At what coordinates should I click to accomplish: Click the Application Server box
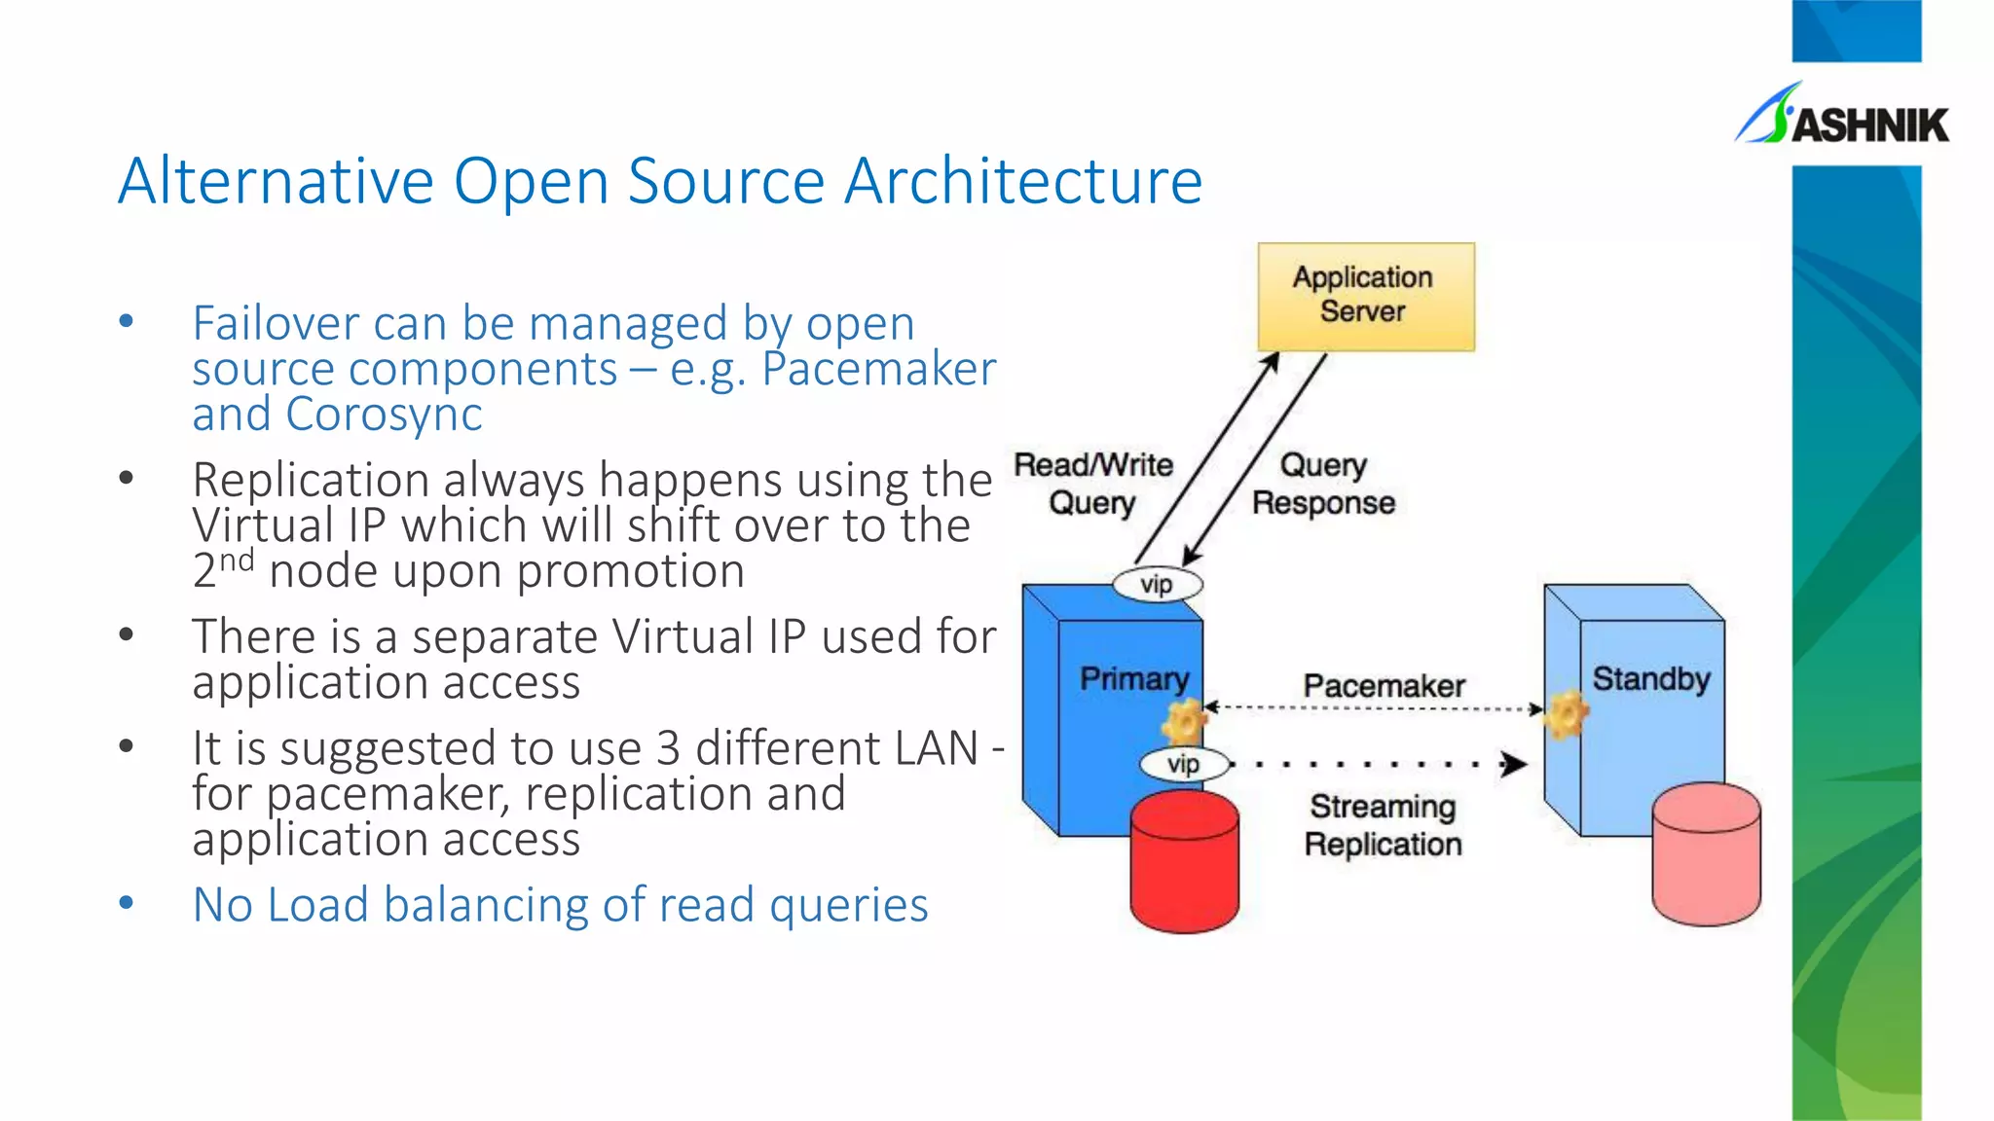(x=1365, y=296)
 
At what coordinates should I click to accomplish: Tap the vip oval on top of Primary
(x=1157, y=585)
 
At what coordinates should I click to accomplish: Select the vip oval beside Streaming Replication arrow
(x=1183, y=764)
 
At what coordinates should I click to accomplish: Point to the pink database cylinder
(x=1706, y=854)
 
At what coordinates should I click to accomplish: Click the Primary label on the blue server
(x=1134, y=678)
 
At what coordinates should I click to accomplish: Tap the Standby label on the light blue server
(x=1650, y=678)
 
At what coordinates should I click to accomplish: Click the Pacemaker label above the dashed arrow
(x=1384, y=686)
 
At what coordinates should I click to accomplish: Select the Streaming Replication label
(x=1383, y=825)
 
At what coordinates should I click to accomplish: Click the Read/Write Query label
(x=1092, y=484)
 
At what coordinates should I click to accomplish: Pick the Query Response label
(x=1323, y=484)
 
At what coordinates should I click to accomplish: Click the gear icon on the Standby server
(x=1567, y=714)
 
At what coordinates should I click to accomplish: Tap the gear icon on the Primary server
(x=1185, y=722)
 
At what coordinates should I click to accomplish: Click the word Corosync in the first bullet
(x=384, y=415)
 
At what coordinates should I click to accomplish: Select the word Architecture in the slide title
(x=1023, y=181)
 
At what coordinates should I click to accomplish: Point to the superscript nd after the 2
(x=237, y=560)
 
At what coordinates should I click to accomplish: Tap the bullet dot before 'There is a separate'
(x=126, y=635)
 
